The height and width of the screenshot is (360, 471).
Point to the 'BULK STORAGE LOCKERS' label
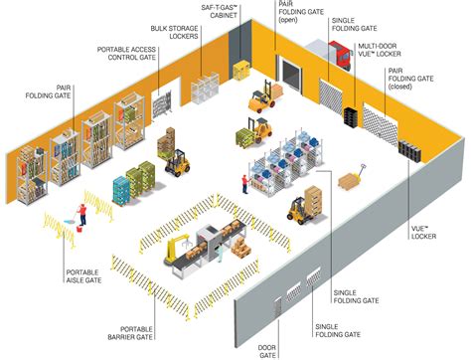tap(172, 32)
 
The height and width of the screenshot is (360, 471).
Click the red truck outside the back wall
tap(337, 58)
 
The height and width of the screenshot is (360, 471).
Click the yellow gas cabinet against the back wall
tap(241, 69)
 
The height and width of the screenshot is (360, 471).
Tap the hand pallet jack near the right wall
tap(351, 181)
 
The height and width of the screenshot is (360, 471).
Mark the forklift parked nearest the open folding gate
tap(262, 96)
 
